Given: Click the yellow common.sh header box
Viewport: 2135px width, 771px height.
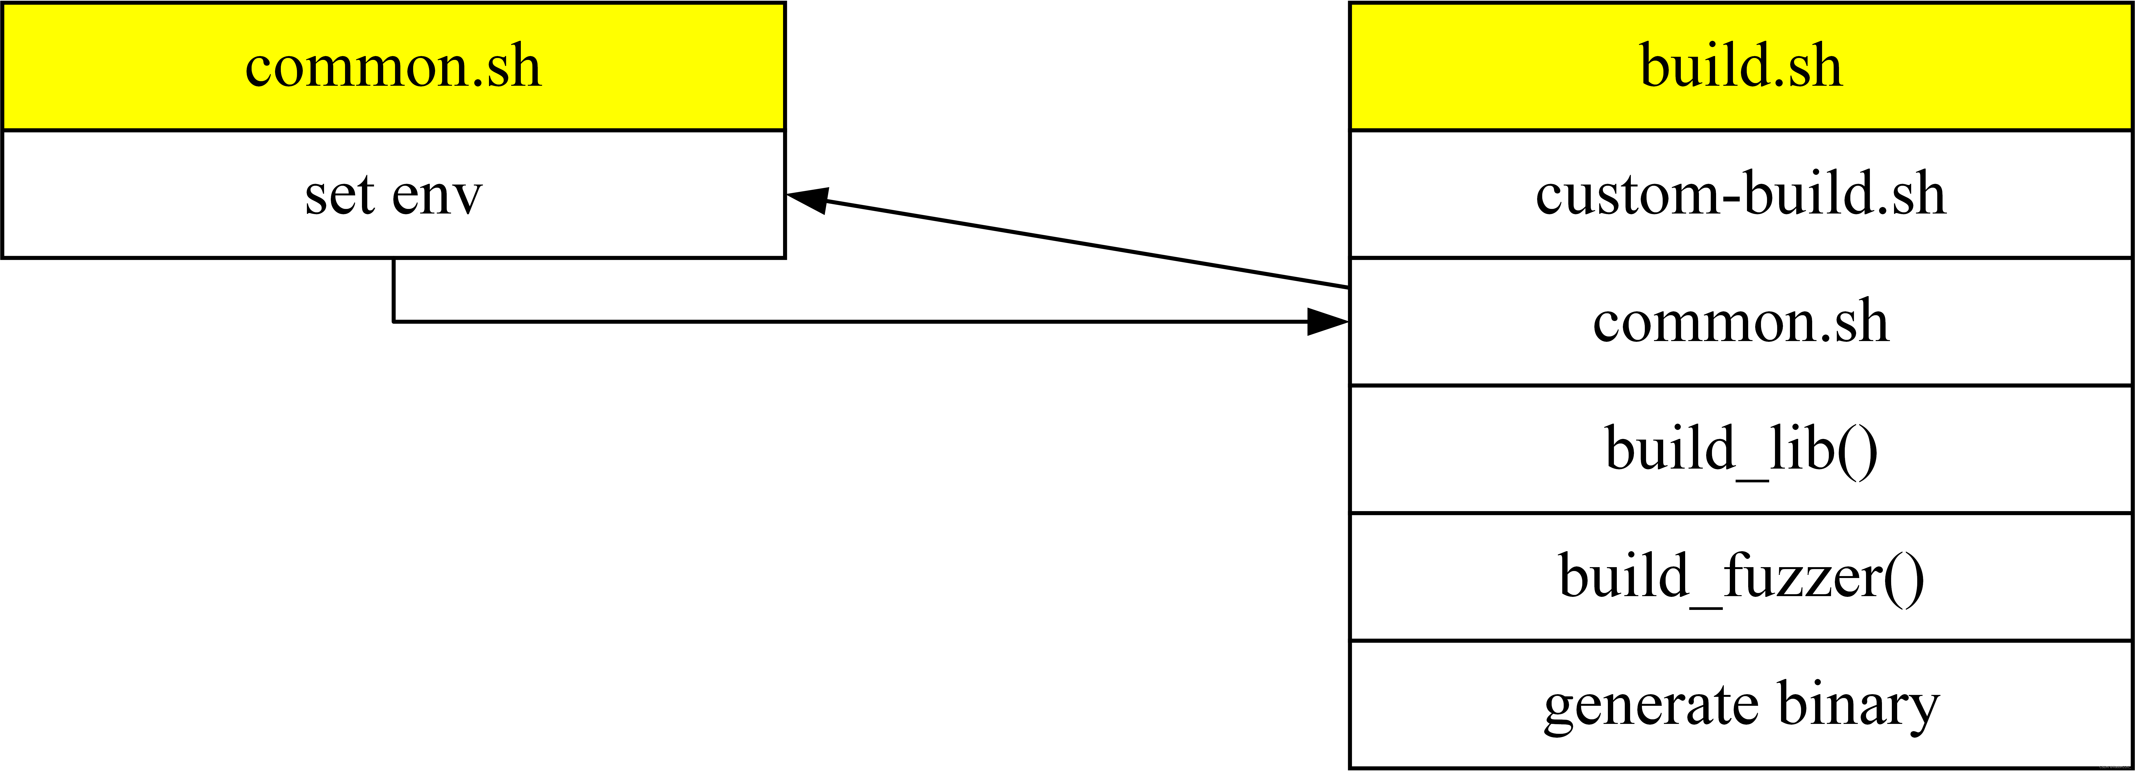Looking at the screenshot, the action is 394,66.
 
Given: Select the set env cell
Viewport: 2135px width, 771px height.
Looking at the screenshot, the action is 394,194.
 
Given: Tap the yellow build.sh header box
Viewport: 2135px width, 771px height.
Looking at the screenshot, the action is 1740,66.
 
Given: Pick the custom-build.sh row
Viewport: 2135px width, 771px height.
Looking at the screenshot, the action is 1740,194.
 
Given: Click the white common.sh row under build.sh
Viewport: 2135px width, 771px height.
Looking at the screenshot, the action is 1740,322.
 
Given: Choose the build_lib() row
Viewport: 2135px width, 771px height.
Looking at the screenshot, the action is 1740,449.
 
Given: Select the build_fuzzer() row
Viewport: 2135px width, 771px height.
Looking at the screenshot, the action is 1740,577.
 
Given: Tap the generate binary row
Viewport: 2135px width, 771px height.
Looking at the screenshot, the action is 1740,705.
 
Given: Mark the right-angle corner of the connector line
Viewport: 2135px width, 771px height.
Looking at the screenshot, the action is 394,322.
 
